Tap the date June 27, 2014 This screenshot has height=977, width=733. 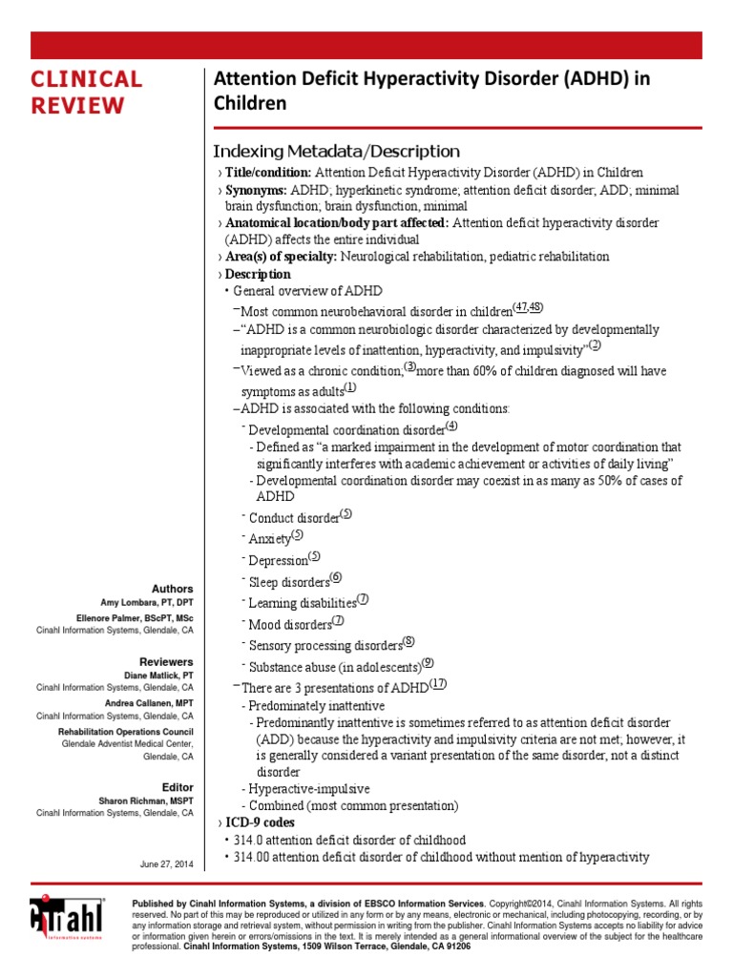coord(167,863)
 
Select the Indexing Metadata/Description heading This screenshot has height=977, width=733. coord(335,152)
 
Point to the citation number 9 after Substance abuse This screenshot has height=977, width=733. coord(428,663)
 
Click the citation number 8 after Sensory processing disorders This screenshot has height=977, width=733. coord(408,642)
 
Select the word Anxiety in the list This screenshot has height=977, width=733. coord(269,539)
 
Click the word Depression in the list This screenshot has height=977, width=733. coord(279,561)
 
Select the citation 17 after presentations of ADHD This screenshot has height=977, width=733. coord(438,684)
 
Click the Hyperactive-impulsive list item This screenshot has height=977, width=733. coord(308,789)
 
